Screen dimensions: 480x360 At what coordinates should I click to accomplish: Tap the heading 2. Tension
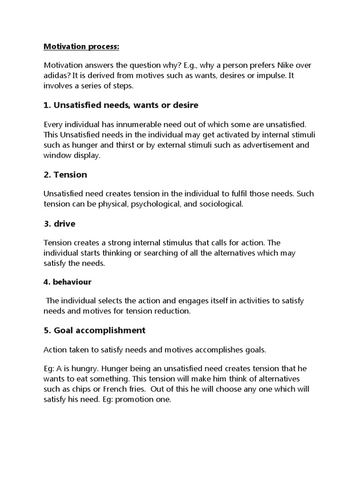[x=65, y=175]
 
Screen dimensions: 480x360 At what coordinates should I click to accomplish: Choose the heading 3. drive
[x=59, y=224]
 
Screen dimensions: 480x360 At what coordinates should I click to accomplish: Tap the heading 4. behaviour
[x=67, y=282]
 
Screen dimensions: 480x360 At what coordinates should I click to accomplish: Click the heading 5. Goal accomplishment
[x=94, y=330]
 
